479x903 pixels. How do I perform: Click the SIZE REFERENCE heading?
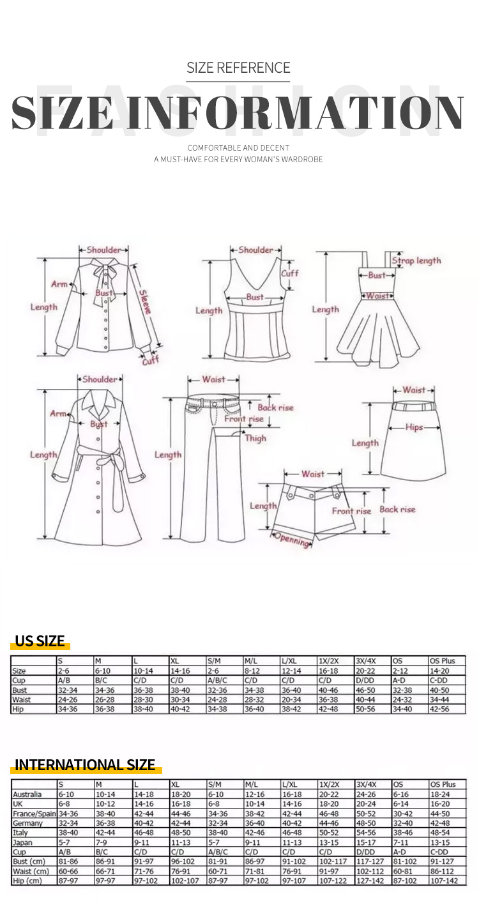pyautogui.click(x=238, y=68)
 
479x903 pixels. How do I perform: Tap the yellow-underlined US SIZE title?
pyautogui.click(x=40, y=641)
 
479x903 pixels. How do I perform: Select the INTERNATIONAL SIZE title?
pyautogui.click(x=85, y=764)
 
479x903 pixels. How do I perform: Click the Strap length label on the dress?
pyautogui.click(x=416, y=261)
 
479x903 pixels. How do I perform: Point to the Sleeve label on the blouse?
pyautogui.click(x=145, y=302)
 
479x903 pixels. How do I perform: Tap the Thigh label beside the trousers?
pyautogui.click(x=255, y=438)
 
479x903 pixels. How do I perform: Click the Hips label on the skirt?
pyautogui.click(x=414, y=427)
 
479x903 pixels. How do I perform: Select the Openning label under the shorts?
pyautogui.click(x=293, y=540)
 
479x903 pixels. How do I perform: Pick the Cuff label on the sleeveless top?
pyautogui.click(x=290, y=273)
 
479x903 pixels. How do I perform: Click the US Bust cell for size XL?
pyautogui.click(x=180, y=690)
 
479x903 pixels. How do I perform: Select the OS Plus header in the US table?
pyautogui.click(x=443, y=661)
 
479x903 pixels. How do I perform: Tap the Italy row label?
pyautogui.click(x=20, y=833)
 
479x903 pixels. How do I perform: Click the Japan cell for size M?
pyautogui.click(x=101, y=842)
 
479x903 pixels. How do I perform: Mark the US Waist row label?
pyautogui.click(x=21, y=699)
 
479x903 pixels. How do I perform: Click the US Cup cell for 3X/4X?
pyautogui.click(x=365, y=680)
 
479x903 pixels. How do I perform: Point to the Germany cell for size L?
pyautogui.click(x=144, y=823)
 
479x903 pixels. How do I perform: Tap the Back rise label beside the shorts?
pyautogui.click(x=397, y=509)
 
